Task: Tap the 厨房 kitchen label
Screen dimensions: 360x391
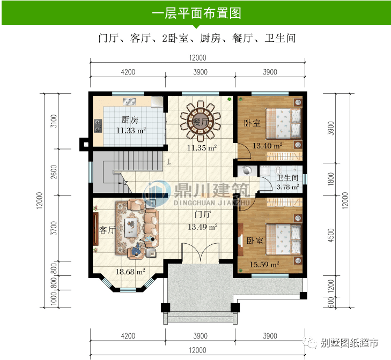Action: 129,119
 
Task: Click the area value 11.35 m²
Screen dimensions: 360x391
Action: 202,148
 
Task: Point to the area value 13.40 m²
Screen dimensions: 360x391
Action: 268,145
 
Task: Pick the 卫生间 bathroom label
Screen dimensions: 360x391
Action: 287,178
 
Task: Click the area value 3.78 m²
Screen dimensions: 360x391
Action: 287,187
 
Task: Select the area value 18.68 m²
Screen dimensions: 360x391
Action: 130,272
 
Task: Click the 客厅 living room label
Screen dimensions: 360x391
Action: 107,230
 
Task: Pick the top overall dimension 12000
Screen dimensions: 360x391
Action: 197,58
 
